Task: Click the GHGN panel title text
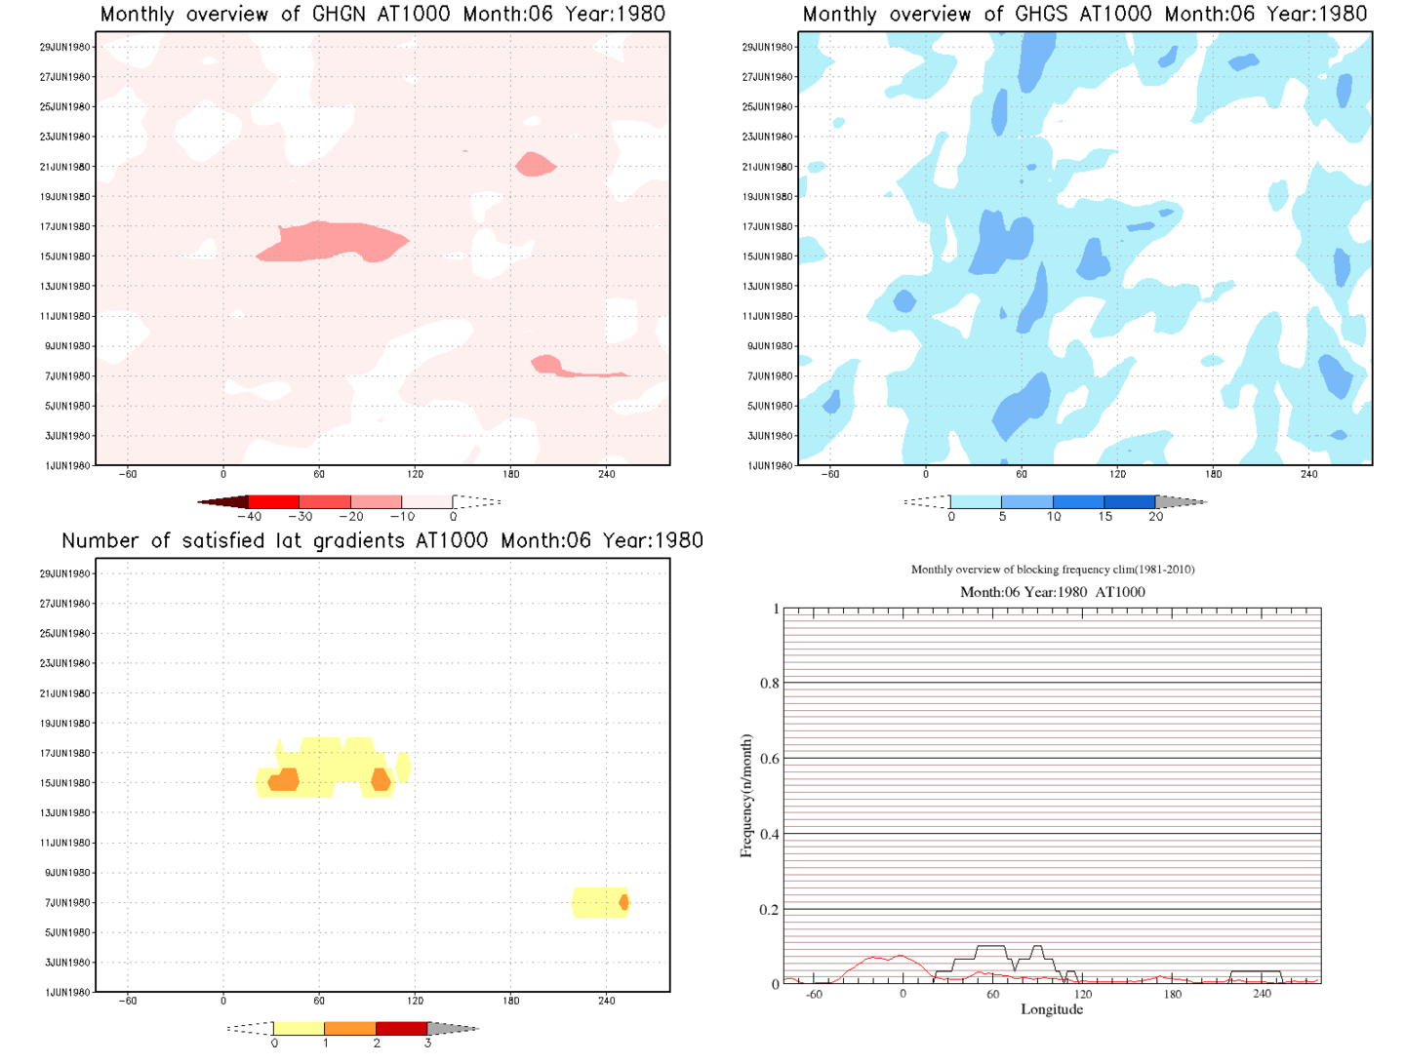pyautogui.click(x=382, y=15)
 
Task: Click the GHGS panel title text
pyautogui.click(x=1084, y=15)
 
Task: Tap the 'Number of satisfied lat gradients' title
pyautogui.click(x=382, y=541)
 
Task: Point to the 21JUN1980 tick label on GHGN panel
pyautogui.click(x=65, y=167)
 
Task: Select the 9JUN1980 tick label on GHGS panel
pyautogui.click(x=772, y=346)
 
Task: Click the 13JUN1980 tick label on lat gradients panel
pyautogui.click(x=65, y=813)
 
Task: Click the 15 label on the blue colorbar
pyautogui.click(x=1104, y=517)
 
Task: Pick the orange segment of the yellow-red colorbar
pyautogui.click(x=349, y=1029)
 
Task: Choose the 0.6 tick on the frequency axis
pyautogui.click(x=770, y=759)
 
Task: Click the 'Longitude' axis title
pyautogui.click(x=1052, y=1009)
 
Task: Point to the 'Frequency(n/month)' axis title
pyautogui.click(x=746, y=796)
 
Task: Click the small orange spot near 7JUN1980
pyautogui.click(x=624, y=903)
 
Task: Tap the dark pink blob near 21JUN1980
pyautogui.click(x=535, y=165)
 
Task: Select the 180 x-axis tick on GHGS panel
pyautogui.click(x=1213, y=475)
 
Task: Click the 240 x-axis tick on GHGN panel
pyautogui.click(x=607, y=475)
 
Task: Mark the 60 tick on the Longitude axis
pyautogui.click(x=992, y=995)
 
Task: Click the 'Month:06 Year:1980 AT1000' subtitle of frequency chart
pyautogui.click(x=1052, y=592)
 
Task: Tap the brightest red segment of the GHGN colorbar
pyautogui.click(x=274, y=502)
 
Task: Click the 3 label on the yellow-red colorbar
pyautogui.click(x=427, y=1044)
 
